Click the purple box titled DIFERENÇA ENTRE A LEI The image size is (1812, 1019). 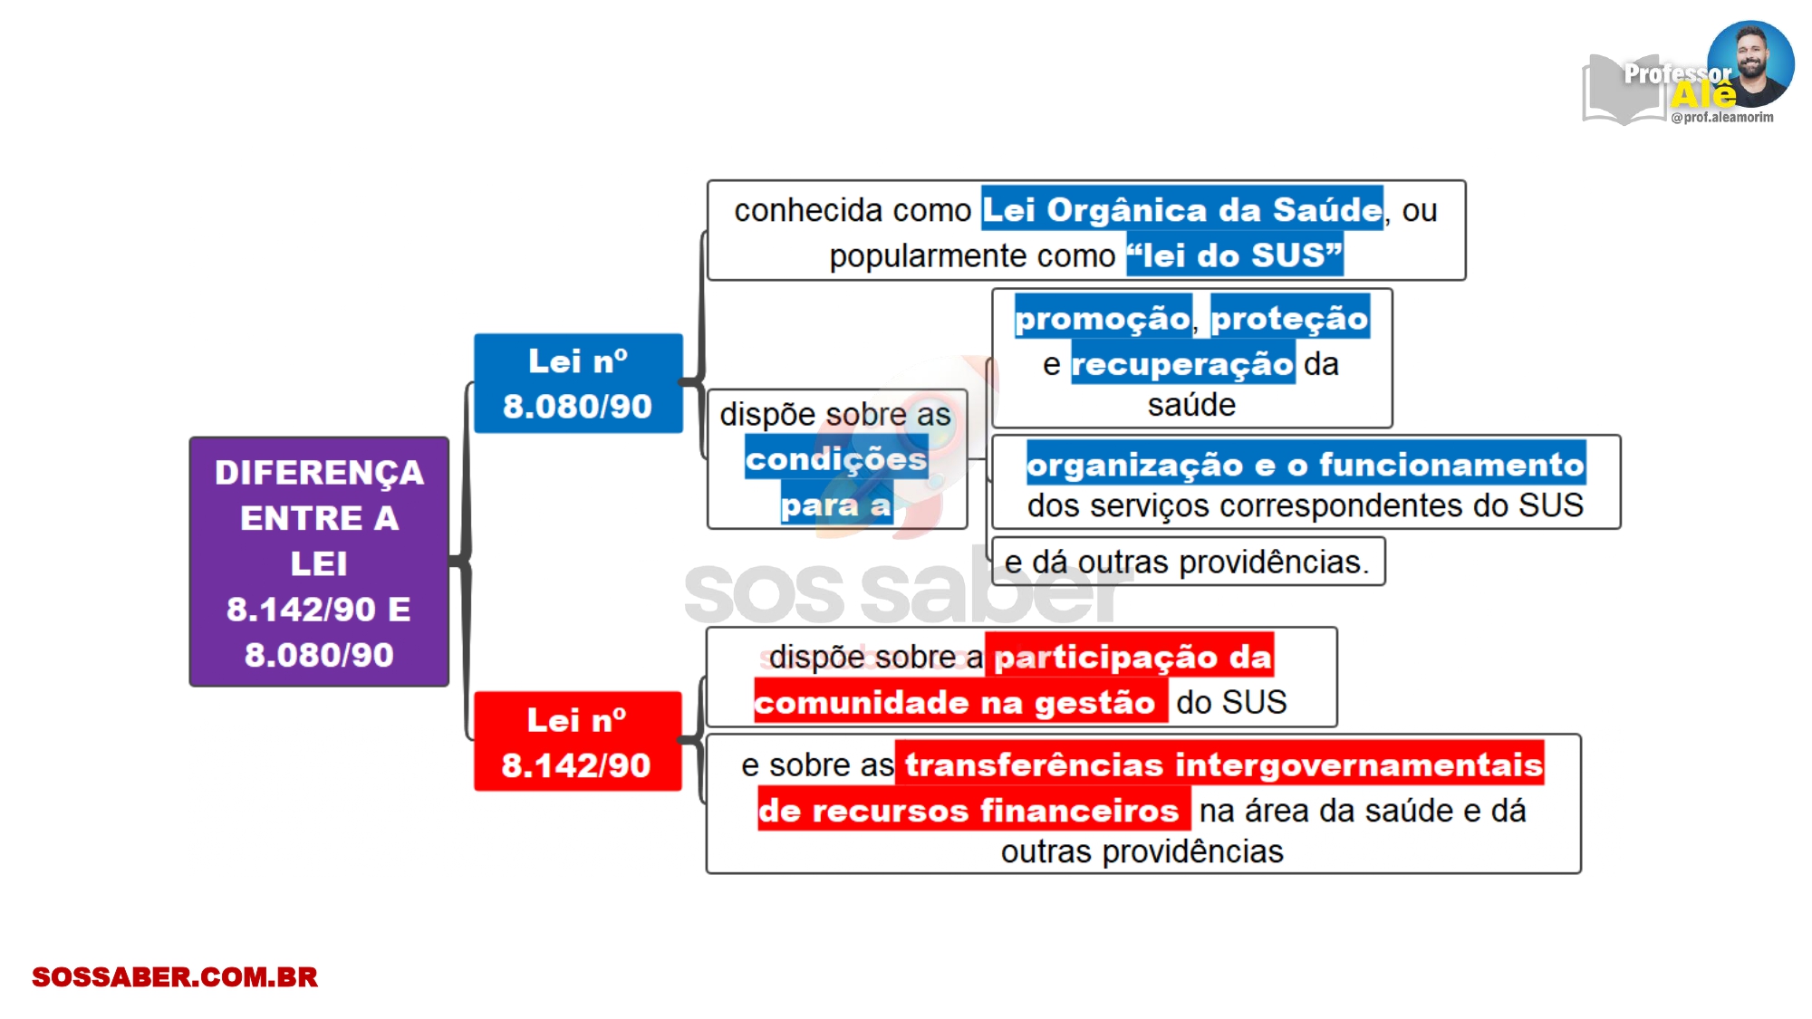(319, 562)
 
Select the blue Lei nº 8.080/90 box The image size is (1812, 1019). (578, 383)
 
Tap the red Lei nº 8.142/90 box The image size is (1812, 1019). (577, 741)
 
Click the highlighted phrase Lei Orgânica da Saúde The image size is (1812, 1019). (1182, 209)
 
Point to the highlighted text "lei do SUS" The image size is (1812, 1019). (1235, 255)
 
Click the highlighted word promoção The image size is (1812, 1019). (1103, 317)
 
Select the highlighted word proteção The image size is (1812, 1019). (1290, 317)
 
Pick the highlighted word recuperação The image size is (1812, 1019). (1182, 363)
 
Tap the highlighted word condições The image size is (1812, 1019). (836, 458)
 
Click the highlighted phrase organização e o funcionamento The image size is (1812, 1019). (1306, 464)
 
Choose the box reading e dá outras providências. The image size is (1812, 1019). (1189, 562)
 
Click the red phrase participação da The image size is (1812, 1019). (1130, 655)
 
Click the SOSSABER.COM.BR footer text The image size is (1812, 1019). (175, 976)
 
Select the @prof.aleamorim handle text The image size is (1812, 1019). (1722, 117)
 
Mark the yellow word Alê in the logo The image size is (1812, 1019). (1704, 94)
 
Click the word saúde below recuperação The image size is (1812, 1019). (1191, 404)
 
